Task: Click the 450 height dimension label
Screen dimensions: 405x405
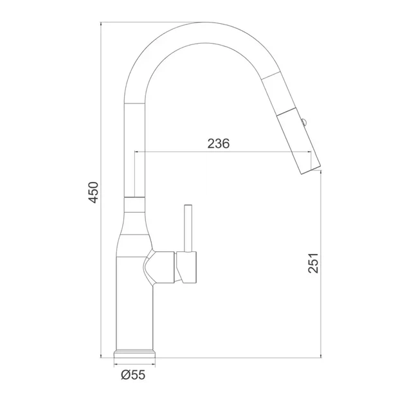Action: pos(93,192)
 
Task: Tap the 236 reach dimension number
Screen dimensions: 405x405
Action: pos(219,143)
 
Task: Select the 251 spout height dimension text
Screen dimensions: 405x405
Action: pos(313,263)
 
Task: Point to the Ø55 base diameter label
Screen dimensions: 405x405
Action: pos(133,375)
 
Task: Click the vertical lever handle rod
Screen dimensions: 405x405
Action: pos(188,228)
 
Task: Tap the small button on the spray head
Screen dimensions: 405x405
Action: pos(304,122)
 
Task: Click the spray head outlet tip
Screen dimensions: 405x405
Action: pos(311,169)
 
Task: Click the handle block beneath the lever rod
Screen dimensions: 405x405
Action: pos(186,267)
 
